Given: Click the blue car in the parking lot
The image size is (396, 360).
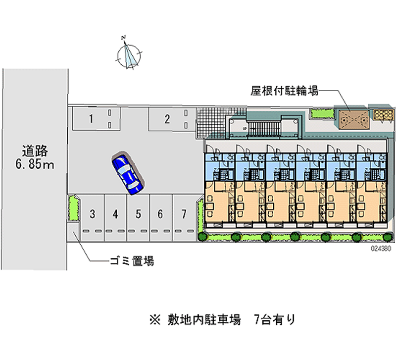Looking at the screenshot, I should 128,173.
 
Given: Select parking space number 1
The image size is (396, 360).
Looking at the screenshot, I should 91,118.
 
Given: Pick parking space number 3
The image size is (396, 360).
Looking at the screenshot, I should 92,214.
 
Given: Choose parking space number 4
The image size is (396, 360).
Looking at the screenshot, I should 115,214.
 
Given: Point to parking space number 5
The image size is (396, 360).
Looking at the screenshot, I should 139,214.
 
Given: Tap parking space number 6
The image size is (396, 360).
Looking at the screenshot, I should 160,214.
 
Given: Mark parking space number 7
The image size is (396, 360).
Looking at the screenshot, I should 184,214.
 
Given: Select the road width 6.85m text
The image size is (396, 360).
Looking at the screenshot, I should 34,164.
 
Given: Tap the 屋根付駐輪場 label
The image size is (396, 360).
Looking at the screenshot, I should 284,91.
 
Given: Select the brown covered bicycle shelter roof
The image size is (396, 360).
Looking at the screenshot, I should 353,117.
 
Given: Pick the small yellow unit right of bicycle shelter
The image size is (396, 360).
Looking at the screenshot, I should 382,115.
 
